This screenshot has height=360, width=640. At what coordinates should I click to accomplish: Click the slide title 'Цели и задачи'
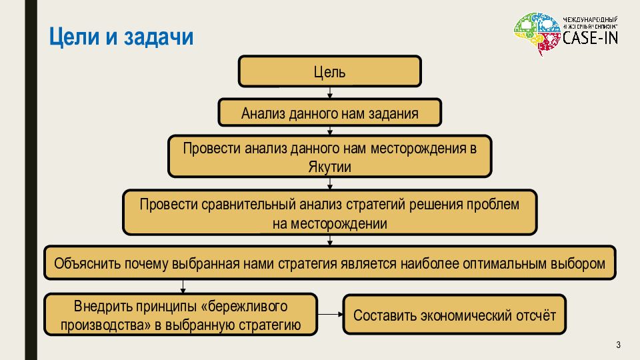coord(122,37)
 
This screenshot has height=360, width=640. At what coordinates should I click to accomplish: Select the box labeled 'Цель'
coord(329,71)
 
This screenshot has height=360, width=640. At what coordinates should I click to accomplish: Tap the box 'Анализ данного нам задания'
coord(329,113)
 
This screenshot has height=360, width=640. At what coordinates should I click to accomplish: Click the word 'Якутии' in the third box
coord(329,167)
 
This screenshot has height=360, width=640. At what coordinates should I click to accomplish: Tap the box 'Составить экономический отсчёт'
coord(454,315)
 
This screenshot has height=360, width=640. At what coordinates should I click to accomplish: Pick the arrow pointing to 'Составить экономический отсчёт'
coord(329,315)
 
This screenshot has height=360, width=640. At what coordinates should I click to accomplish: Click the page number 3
coord(618,345)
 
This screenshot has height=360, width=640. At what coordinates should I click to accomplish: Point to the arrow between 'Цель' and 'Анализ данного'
coord(329,93)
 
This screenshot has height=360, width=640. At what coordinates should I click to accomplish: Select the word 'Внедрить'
coord(99,307)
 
